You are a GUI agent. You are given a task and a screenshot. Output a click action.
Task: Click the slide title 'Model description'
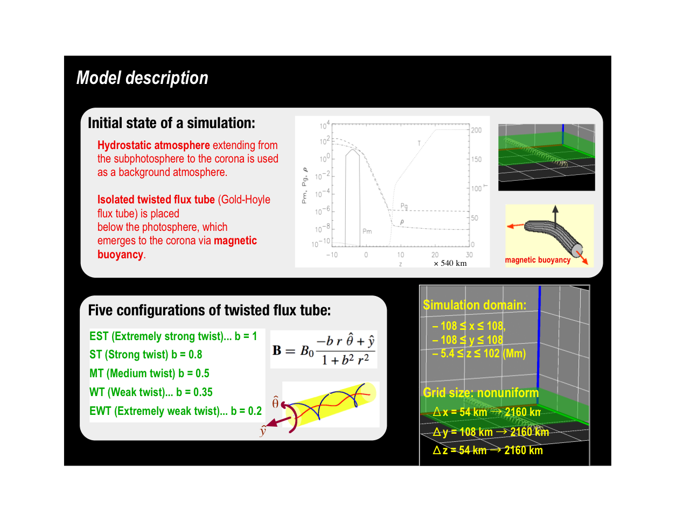142,77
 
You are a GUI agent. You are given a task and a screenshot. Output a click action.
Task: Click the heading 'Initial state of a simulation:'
171,123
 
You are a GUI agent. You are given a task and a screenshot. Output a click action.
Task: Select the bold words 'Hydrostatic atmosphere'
154,145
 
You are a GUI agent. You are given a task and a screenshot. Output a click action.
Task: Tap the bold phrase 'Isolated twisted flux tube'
156,200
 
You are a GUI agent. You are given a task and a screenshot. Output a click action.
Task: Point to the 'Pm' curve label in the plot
367,231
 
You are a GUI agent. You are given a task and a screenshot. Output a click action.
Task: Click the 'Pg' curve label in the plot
404,206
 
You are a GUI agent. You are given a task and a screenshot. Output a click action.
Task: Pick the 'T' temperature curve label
419,143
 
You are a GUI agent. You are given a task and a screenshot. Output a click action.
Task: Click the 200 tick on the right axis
476,130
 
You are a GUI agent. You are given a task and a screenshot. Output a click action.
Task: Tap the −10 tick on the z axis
332,255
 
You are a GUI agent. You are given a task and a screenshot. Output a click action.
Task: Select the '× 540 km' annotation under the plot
450,264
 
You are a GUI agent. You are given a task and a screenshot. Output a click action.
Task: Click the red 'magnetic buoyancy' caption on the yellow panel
538,260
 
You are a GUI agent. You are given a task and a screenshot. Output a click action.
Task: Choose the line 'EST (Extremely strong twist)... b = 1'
173,336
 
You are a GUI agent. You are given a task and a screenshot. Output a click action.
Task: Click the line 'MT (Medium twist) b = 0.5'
149,373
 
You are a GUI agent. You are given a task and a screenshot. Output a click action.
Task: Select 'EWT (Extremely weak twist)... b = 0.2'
176,411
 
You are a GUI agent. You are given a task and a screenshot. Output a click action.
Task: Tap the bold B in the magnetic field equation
277,350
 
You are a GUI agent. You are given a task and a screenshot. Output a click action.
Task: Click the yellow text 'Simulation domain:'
475,305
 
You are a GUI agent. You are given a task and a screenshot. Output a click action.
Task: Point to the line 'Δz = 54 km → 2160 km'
487,450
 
